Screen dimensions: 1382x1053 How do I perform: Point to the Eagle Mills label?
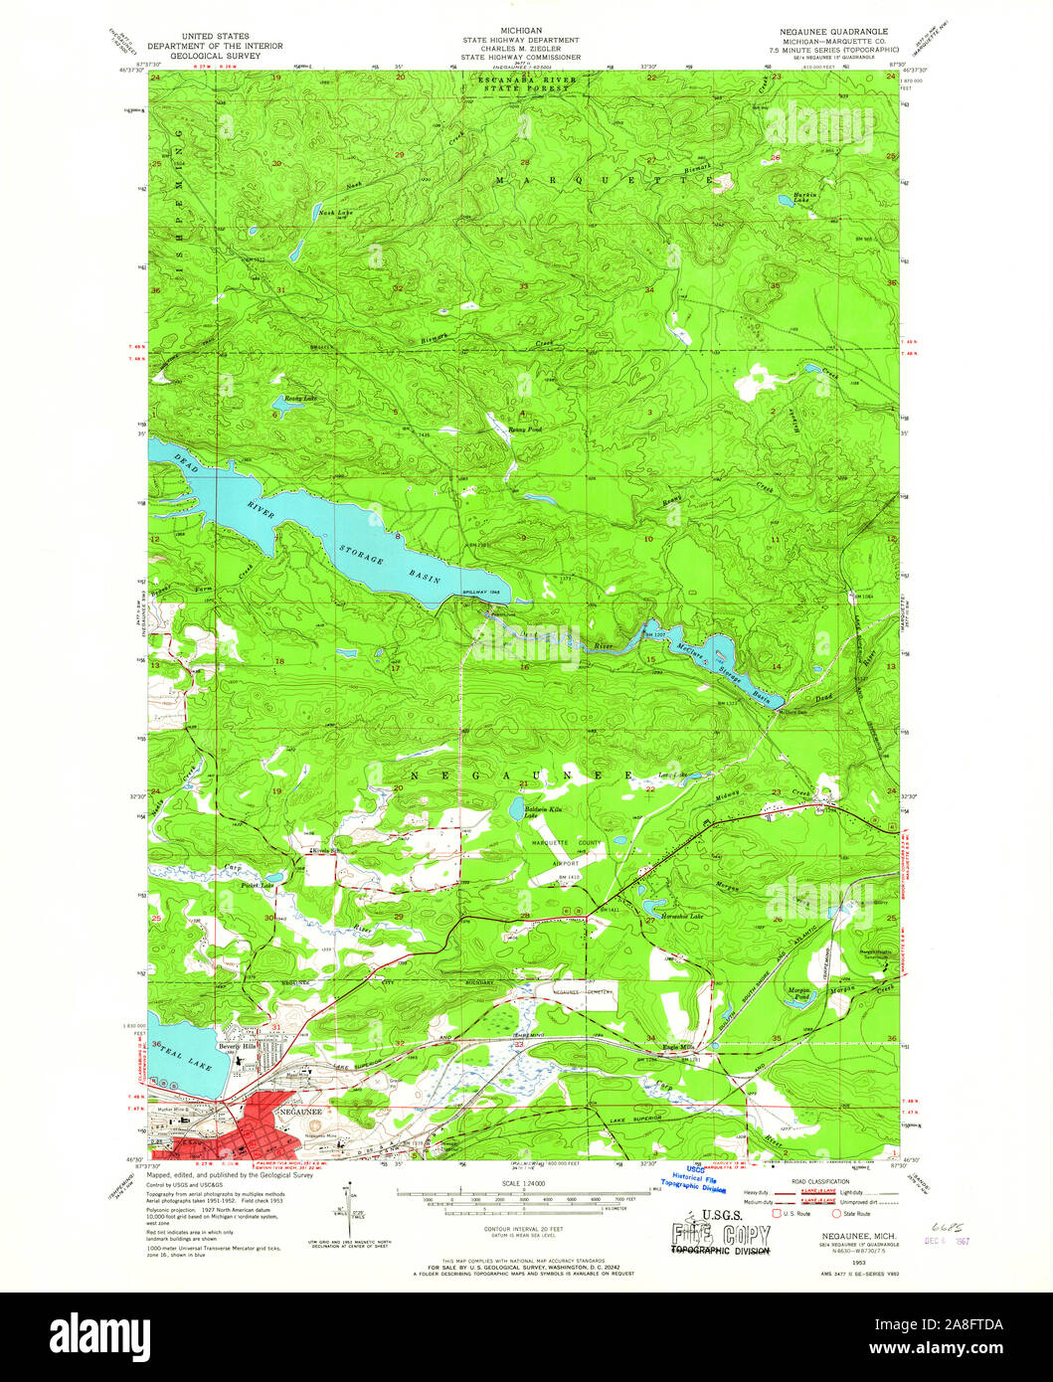coord(692,1047)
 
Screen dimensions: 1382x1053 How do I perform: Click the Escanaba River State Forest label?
coord(524,84)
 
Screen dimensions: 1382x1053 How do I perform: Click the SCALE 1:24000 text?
coord(525,1182)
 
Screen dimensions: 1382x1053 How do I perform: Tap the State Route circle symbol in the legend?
coord(837,1213)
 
